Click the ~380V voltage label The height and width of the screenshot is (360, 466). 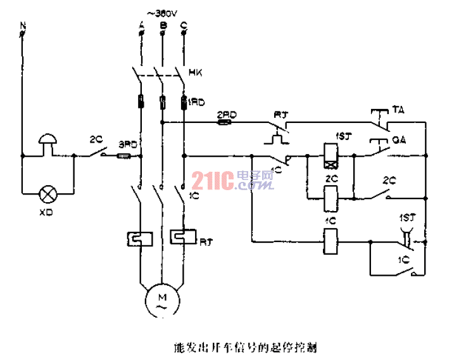(162, 12)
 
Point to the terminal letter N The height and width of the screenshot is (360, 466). (23, 25)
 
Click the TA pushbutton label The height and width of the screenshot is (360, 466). (398, 110)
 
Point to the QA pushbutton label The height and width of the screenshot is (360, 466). (398, 139)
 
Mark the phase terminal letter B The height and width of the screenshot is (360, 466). (163, 25)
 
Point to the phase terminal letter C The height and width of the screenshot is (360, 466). (183, 25)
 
